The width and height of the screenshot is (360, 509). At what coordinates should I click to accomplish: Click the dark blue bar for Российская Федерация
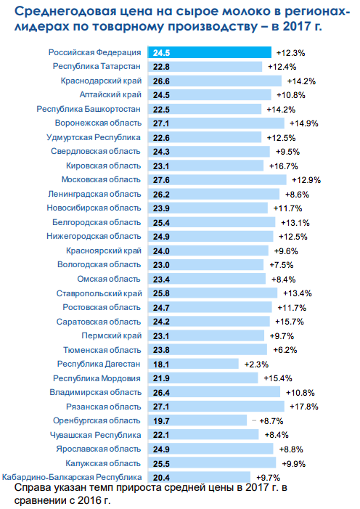209,52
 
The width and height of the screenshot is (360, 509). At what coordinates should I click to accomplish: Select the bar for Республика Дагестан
193,364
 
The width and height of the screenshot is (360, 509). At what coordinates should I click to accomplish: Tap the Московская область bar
217,180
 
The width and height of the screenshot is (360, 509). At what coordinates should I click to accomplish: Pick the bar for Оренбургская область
197,420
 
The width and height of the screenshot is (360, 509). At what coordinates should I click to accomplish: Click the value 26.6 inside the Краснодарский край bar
161,81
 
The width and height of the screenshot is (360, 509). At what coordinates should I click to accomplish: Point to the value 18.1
161,365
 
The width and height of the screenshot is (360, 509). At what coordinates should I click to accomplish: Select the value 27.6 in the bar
161,180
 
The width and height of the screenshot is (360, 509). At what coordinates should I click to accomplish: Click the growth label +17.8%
304,407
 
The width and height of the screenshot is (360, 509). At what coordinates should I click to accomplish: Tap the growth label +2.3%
256,365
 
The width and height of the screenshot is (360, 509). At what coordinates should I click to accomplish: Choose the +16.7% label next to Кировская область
283,166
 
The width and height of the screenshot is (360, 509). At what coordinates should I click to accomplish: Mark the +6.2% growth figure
285,350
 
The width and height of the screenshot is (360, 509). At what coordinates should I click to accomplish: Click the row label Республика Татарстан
97,66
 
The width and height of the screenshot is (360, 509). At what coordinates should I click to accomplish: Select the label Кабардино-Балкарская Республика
72,477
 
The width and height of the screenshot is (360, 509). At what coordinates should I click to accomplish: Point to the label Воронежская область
99,123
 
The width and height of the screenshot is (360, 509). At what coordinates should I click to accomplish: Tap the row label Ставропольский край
99,293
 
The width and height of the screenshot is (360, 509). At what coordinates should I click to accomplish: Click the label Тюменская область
102,350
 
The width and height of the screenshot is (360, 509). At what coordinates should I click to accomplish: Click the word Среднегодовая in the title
61,12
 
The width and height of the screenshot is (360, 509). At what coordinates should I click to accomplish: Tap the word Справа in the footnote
35,487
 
